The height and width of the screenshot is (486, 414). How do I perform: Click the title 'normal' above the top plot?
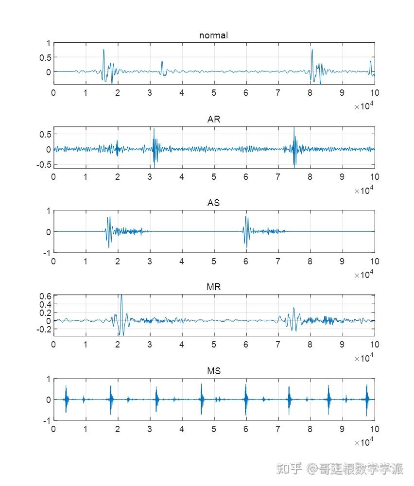coord(213,35)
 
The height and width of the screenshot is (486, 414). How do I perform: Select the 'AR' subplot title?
coord(213,120)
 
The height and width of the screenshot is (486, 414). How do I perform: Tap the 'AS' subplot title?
coord(213,203)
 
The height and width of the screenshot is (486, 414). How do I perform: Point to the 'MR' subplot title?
coord(213,287)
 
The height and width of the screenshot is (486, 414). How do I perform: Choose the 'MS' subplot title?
coord(213,371)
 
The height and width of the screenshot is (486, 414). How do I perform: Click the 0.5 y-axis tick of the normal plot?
coord(45,57)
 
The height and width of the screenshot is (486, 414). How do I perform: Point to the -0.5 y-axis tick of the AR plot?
coord(44,165)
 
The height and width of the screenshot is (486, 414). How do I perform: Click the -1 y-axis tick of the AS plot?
coord(47,253)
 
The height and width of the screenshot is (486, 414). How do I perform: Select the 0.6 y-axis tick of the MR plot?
coord(45,296)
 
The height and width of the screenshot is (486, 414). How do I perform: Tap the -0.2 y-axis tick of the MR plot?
coord(44,329)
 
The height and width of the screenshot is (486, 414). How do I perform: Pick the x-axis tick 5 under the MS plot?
coord(214,429)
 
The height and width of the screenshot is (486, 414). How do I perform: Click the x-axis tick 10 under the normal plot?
coord(374,93)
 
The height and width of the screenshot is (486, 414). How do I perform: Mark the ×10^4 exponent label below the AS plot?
coord(364,275)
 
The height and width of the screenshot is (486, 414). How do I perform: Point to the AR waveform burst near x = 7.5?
coord(294,146)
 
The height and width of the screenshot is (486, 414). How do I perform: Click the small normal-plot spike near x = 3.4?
coord(162,64)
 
